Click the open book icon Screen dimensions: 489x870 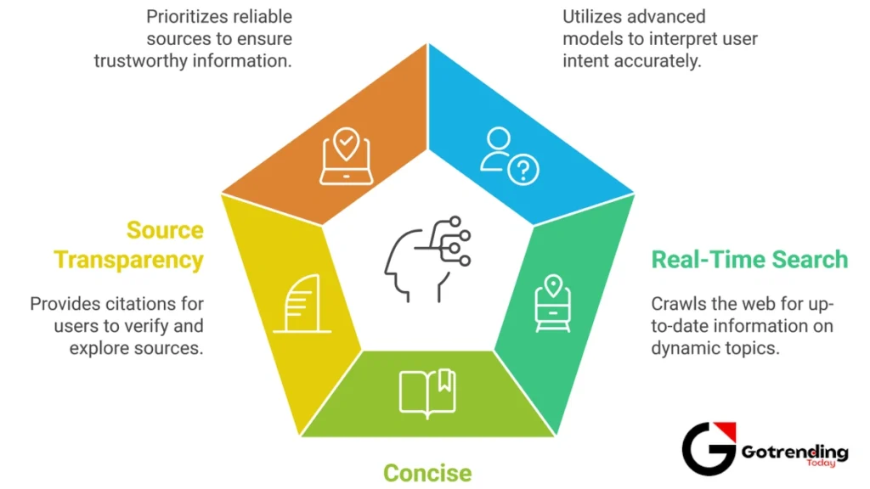[427, 392]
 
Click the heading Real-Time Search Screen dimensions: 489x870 [749, 259]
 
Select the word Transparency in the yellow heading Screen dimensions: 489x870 [129, 259]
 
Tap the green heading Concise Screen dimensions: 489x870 [427, 472]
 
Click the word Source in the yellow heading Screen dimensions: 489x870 [165, 230]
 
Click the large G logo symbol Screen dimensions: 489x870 [709, 448]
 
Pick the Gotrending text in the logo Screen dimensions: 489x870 [794, 452]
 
